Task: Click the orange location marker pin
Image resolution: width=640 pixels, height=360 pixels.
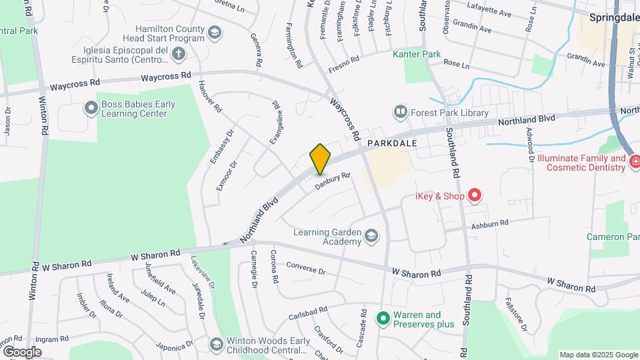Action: point(320,159)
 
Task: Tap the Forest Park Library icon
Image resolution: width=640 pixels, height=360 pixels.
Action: point(401,112)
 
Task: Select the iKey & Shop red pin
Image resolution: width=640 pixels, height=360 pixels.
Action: point(474,195)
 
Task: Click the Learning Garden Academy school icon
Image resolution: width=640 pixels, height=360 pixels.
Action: point(371,235)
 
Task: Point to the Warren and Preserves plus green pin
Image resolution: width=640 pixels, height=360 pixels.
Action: point(383,319)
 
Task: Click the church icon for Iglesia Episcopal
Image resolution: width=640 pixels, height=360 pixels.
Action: point(177,53)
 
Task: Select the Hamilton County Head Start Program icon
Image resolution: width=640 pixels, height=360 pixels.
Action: point(214,33)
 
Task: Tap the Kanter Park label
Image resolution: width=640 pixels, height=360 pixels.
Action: point(417,53)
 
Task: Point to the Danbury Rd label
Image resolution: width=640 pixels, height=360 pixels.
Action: point(333,181)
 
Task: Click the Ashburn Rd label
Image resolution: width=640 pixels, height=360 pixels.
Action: point(490,224)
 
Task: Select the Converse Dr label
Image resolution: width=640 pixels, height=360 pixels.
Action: point(305,268)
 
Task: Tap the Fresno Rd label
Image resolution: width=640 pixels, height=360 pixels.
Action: point(344,64)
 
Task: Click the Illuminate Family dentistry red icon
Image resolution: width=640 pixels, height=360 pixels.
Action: point(635,161)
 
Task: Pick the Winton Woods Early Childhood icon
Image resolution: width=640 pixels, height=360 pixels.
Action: point(215,344)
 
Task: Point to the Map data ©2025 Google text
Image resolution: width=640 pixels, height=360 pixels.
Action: point(599,355)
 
